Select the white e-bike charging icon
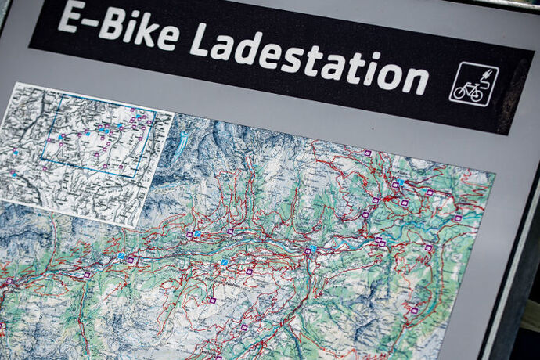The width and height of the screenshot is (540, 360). coord(473,84)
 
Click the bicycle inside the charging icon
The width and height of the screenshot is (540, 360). coord(468,91)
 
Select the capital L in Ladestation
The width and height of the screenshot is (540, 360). coord(200,39)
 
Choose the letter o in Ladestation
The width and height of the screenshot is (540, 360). coord(389,74)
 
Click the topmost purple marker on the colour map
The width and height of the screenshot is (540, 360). coord(367,153)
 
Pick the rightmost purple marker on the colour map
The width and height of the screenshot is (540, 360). coord(457,218)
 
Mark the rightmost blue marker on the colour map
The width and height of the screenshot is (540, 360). coord(400,183)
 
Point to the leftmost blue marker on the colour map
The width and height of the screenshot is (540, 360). coord(121,255)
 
